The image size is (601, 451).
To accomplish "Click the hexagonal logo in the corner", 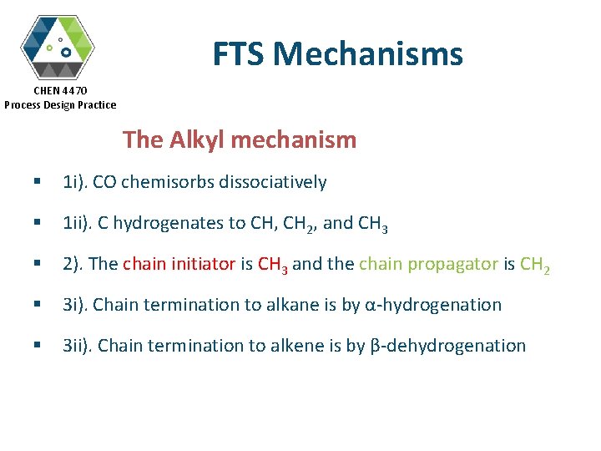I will pyautogui.click(x=57, y=46).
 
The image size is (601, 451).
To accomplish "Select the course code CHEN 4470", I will pyautogui.click(x=60, y=90).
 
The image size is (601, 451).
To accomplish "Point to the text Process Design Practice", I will pyautogui.click(x=60, y=104).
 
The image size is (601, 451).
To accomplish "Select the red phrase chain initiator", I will pyautogui.click(x=179, y=264).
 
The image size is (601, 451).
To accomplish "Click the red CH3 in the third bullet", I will pyautogui.click(x=273, y=265).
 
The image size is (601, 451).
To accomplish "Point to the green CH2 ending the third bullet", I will pyautogui.click(x=535, y=265).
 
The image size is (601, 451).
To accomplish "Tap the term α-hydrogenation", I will pyautogui.click(x=433, y=305).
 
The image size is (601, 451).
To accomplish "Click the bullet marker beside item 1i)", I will pyautogui.click(x=37, y=182).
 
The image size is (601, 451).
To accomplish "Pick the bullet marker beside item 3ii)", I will pyautogui.click(x=37, y=346).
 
